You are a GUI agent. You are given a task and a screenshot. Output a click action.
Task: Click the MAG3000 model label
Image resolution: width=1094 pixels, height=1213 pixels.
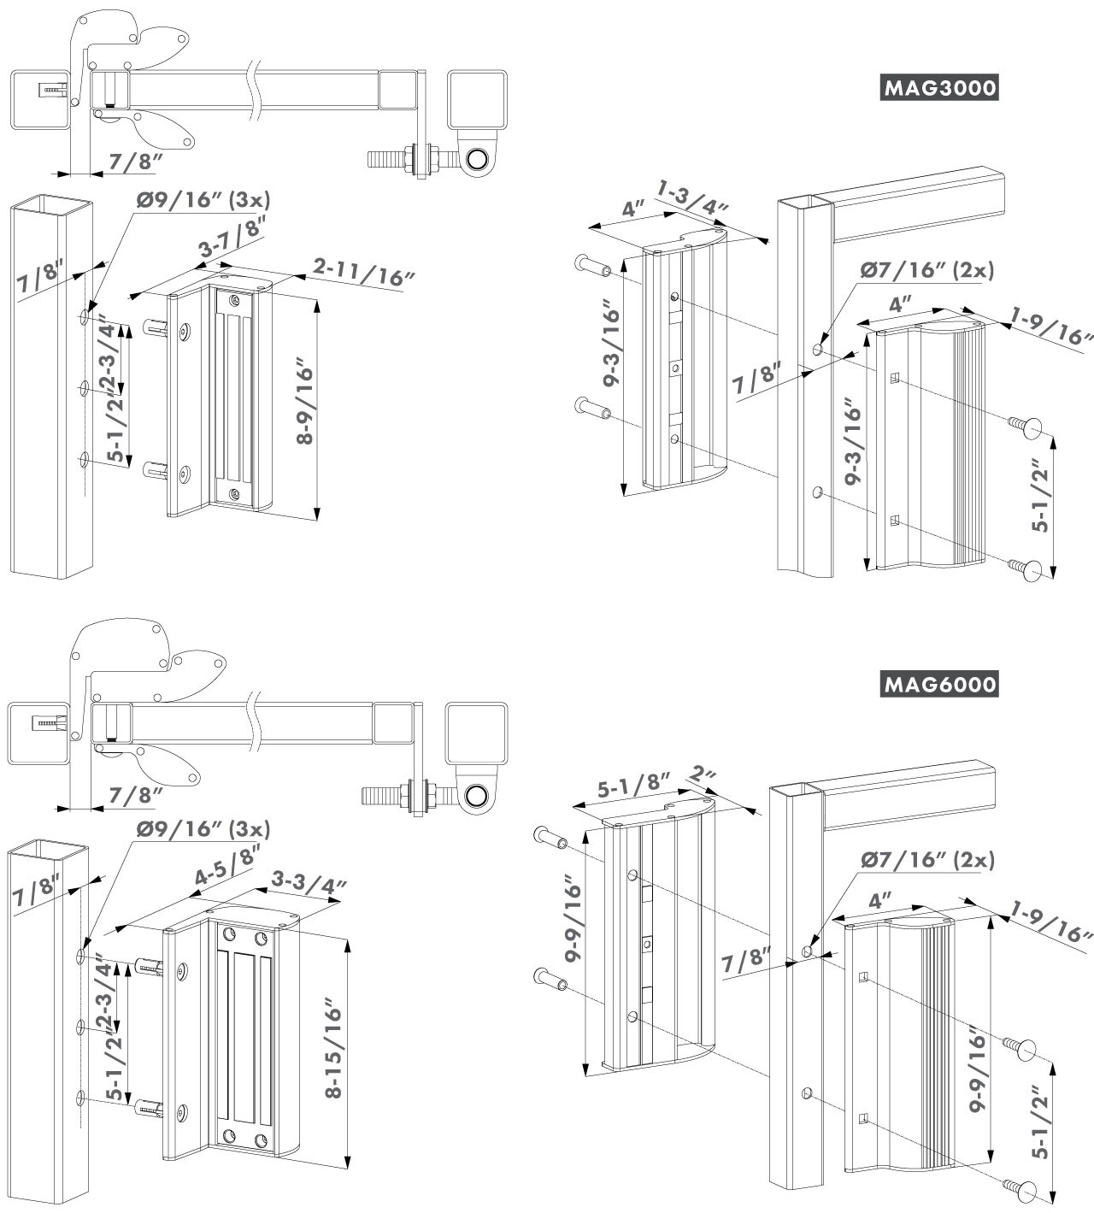click(939, 88)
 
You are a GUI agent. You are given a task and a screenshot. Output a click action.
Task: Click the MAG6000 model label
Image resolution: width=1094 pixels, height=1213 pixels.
click(939, 684)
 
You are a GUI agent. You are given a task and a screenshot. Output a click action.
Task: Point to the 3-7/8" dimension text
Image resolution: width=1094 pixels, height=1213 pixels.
click(232, 238)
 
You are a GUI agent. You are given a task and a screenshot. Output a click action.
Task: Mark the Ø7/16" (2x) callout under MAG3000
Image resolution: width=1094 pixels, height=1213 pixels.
click(927, 270)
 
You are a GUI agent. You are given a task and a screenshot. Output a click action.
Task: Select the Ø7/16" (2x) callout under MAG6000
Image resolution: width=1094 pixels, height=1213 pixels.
click(927, 860)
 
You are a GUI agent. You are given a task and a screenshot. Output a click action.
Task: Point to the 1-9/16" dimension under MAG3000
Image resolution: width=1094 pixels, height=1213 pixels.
click(1050, 327)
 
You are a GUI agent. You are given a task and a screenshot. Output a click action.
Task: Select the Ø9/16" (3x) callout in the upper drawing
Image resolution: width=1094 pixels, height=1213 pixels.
click(203, 200)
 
